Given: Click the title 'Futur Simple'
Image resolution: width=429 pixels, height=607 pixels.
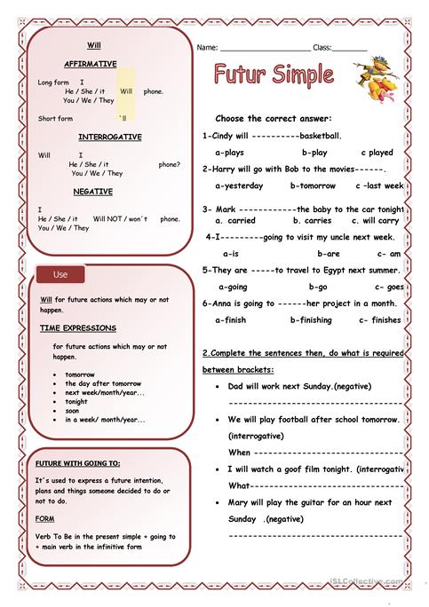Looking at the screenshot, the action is pos(274,75).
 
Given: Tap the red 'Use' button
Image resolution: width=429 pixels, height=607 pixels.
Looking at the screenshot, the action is pos(60,274).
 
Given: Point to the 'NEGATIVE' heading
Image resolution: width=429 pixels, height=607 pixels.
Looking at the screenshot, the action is pos(92,191).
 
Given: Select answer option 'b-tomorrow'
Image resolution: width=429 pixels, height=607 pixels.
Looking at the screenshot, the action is pos(313,185).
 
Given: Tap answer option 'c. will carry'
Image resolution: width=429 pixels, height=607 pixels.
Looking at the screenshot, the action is pos(376,220).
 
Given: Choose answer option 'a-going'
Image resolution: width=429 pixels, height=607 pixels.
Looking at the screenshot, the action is pos(233,287).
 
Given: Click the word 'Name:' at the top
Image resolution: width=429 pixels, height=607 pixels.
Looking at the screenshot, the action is pos(207,46).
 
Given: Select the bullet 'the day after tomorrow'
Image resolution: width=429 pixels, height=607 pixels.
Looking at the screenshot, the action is pos(103,382).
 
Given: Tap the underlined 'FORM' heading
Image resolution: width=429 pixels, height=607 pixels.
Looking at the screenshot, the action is pos(45,517).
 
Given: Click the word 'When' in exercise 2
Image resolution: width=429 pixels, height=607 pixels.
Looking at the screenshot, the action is pos(239,452).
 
